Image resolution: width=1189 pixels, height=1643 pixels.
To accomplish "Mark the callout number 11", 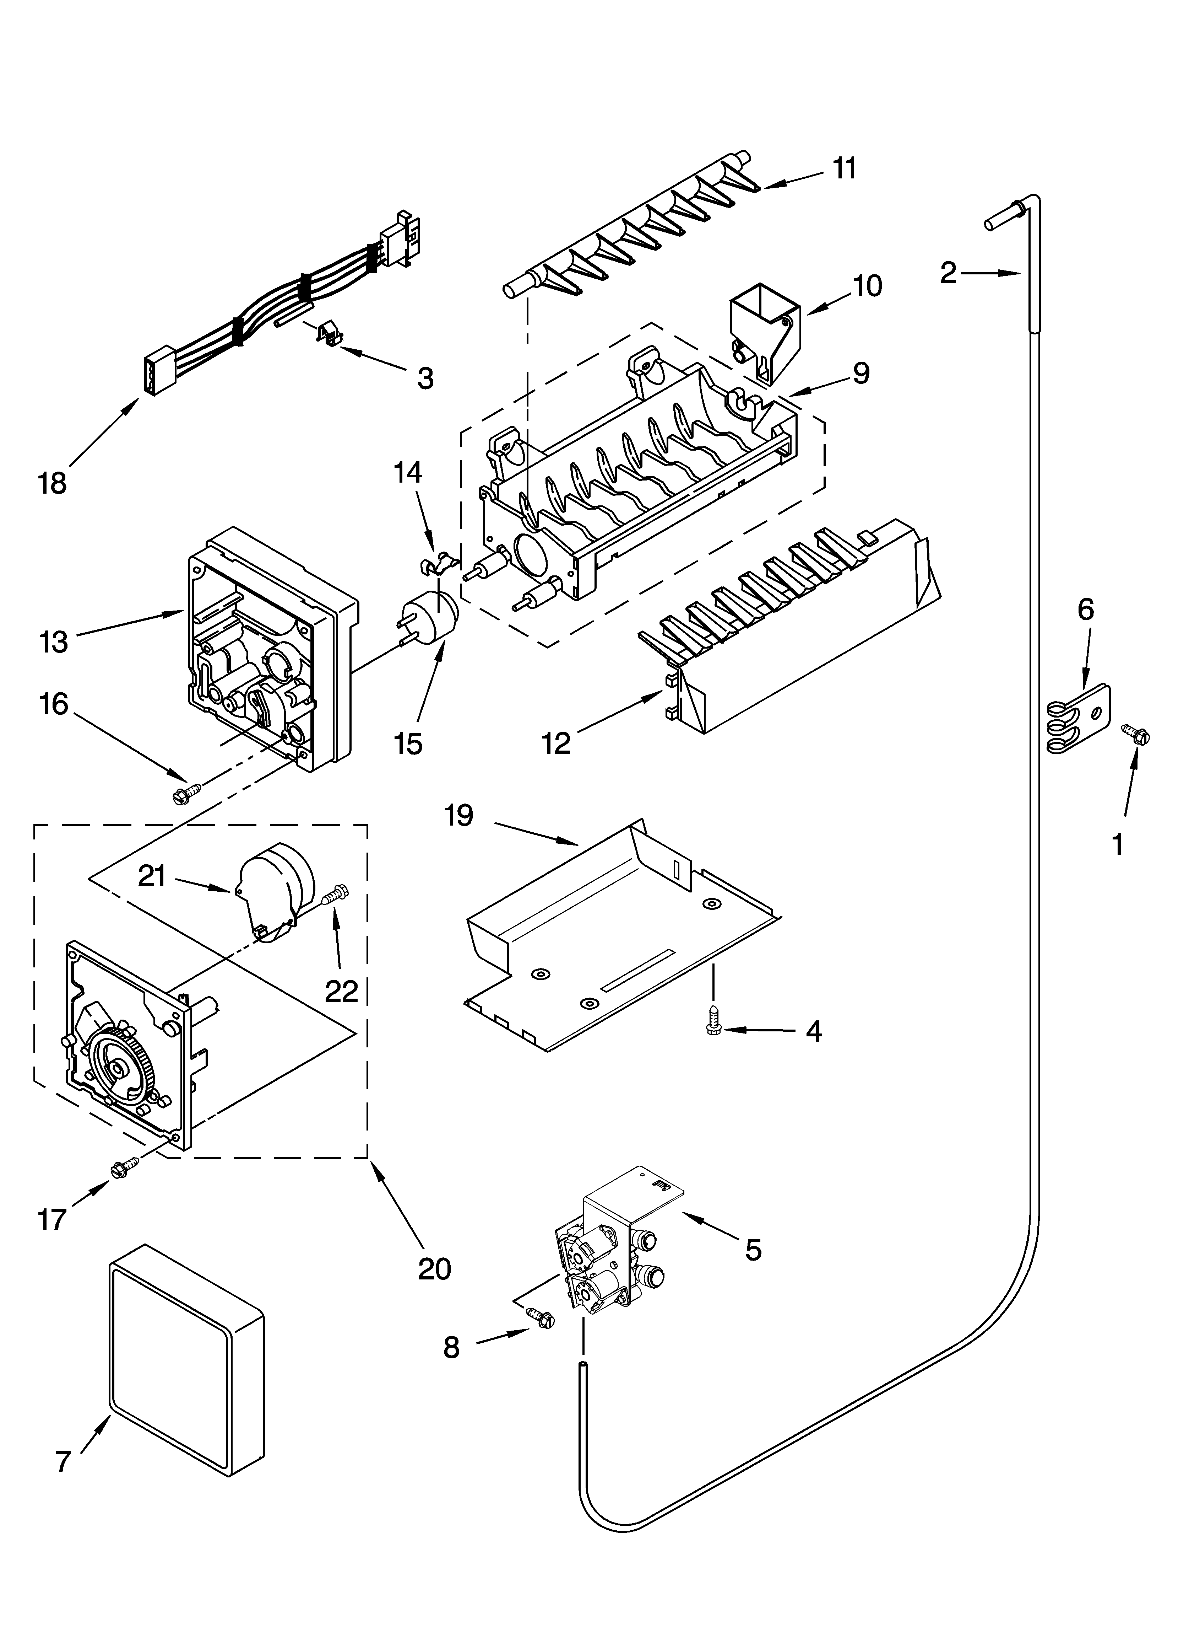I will [843, 168].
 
